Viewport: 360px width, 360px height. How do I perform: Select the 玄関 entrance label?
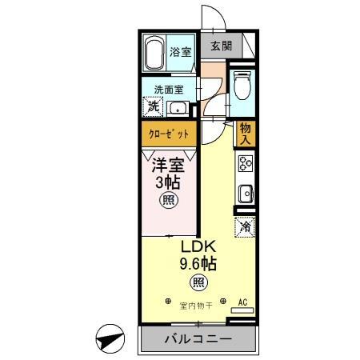[220, 46]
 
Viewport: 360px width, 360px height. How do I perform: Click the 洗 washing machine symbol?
[152, 106]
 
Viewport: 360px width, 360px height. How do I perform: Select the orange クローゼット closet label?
[168, 134]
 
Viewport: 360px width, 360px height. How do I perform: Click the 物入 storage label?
[245, 134]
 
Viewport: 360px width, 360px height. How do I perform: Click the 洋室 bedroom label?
[169, 166]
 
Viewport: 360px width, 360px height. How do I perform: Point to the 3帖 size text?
[169, 182]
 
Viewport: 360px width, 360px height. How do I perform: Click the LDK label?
[196, 247]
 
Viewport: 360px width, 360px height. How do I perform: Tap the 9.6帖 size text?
[197, 264]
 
